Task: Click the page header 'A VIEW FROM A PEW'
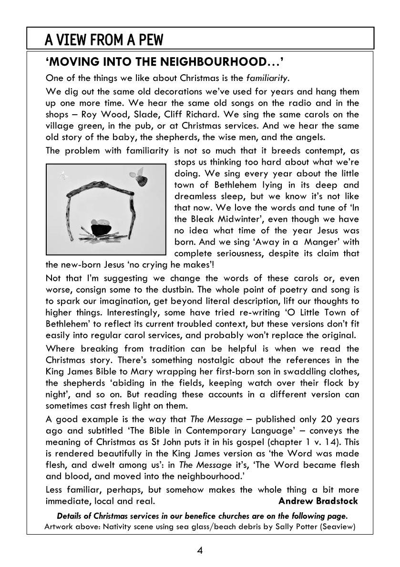click(104, 40)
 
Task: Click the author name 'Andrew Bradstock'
click(318, 501)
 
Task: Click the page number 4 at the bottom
click(200, 551)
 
